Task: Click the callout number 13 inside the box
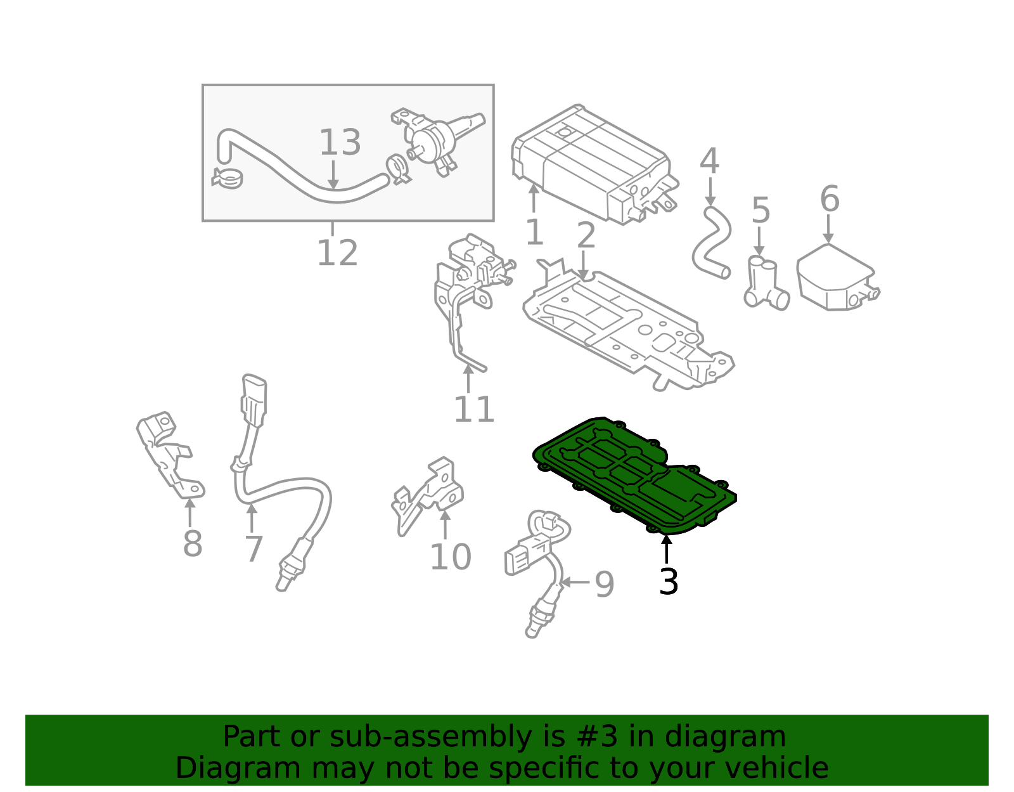[340, 142]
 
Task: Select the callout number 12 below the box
[337, 252]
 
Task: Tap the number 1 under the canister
[534, 232]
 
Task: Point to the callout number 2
[586, 235]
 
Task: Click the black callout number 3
[668, 581]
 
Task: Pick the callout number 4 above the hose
[709, 161]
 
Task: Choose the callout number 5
[760, 211]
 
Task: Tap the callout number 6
[830, 199]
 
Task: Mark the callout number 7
[254, 549]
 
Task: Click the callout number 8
[192, 543]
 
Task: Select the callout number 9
[605, 584]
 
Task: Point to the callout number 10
[451, 557]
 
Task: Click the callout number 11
[473, 409]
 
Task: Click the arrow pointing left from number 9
[575, 582]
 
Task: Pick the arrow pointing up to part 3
[666, 549]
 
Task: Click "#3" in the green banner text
[593, 736]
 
